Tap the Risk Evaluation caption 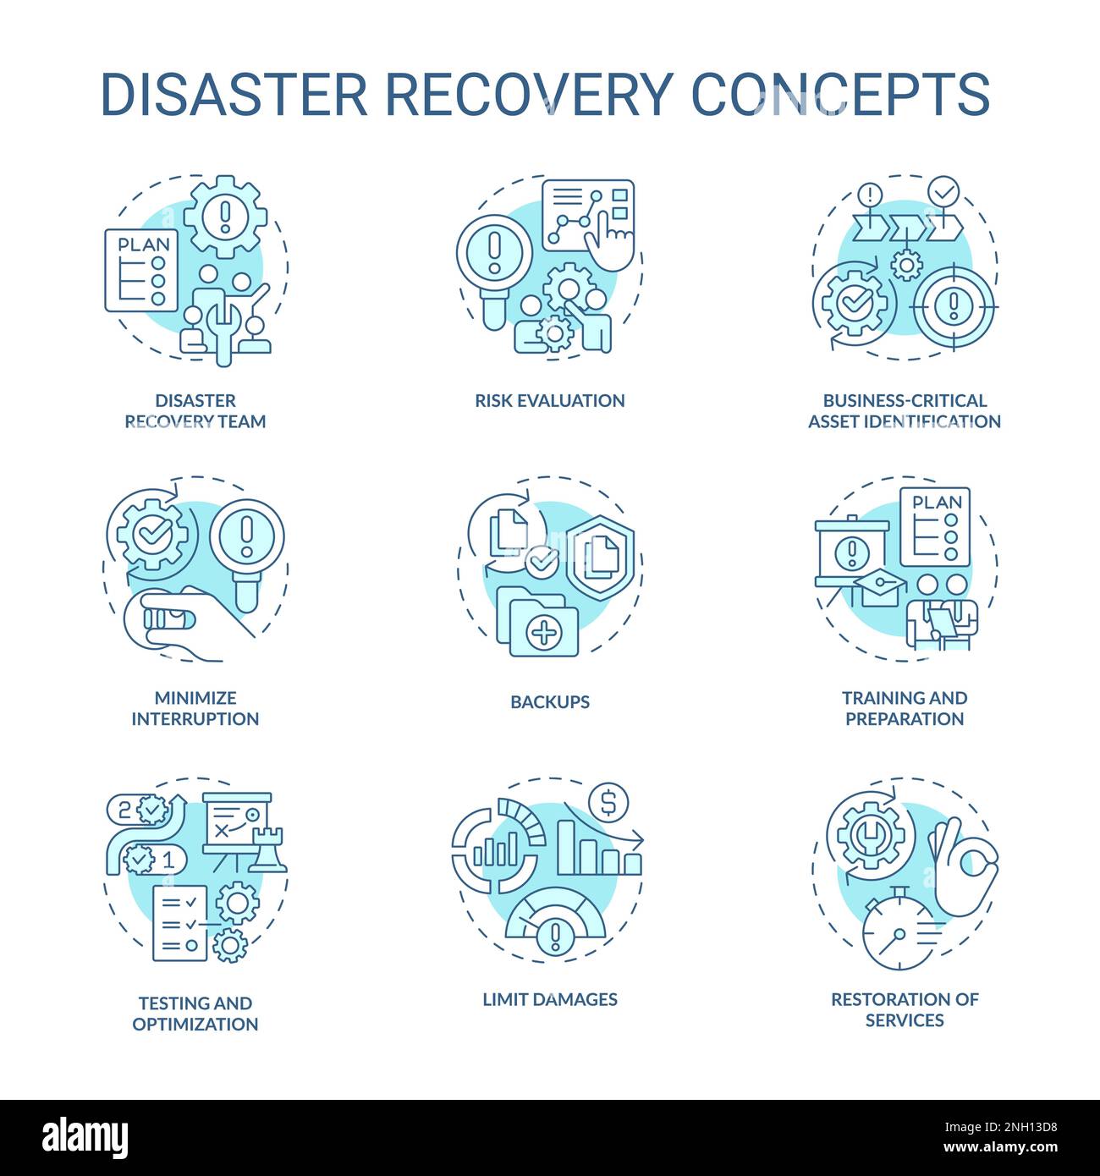[549, 400]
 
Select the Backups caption [550, 701]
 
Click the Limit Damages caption [550, 999]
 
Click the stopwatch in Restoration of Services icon [899, 935]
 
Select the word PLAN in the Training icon [938, 503]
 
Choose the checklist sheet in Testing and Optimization [179, 923]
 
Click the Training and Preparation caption [905, 708]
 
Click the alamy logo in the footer [85, 1136]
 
